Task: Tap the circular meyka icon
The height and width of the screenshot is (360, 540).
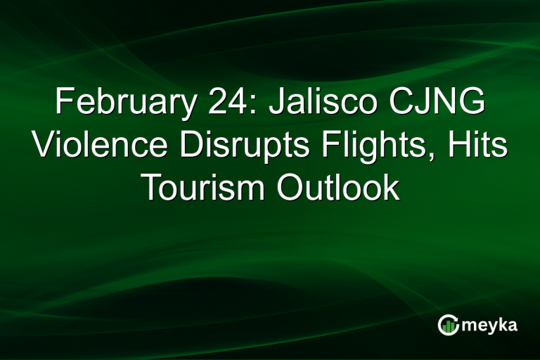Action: pos(448,325)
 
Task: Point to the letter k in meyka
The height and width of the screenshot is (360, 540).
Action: pos(501,325)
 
